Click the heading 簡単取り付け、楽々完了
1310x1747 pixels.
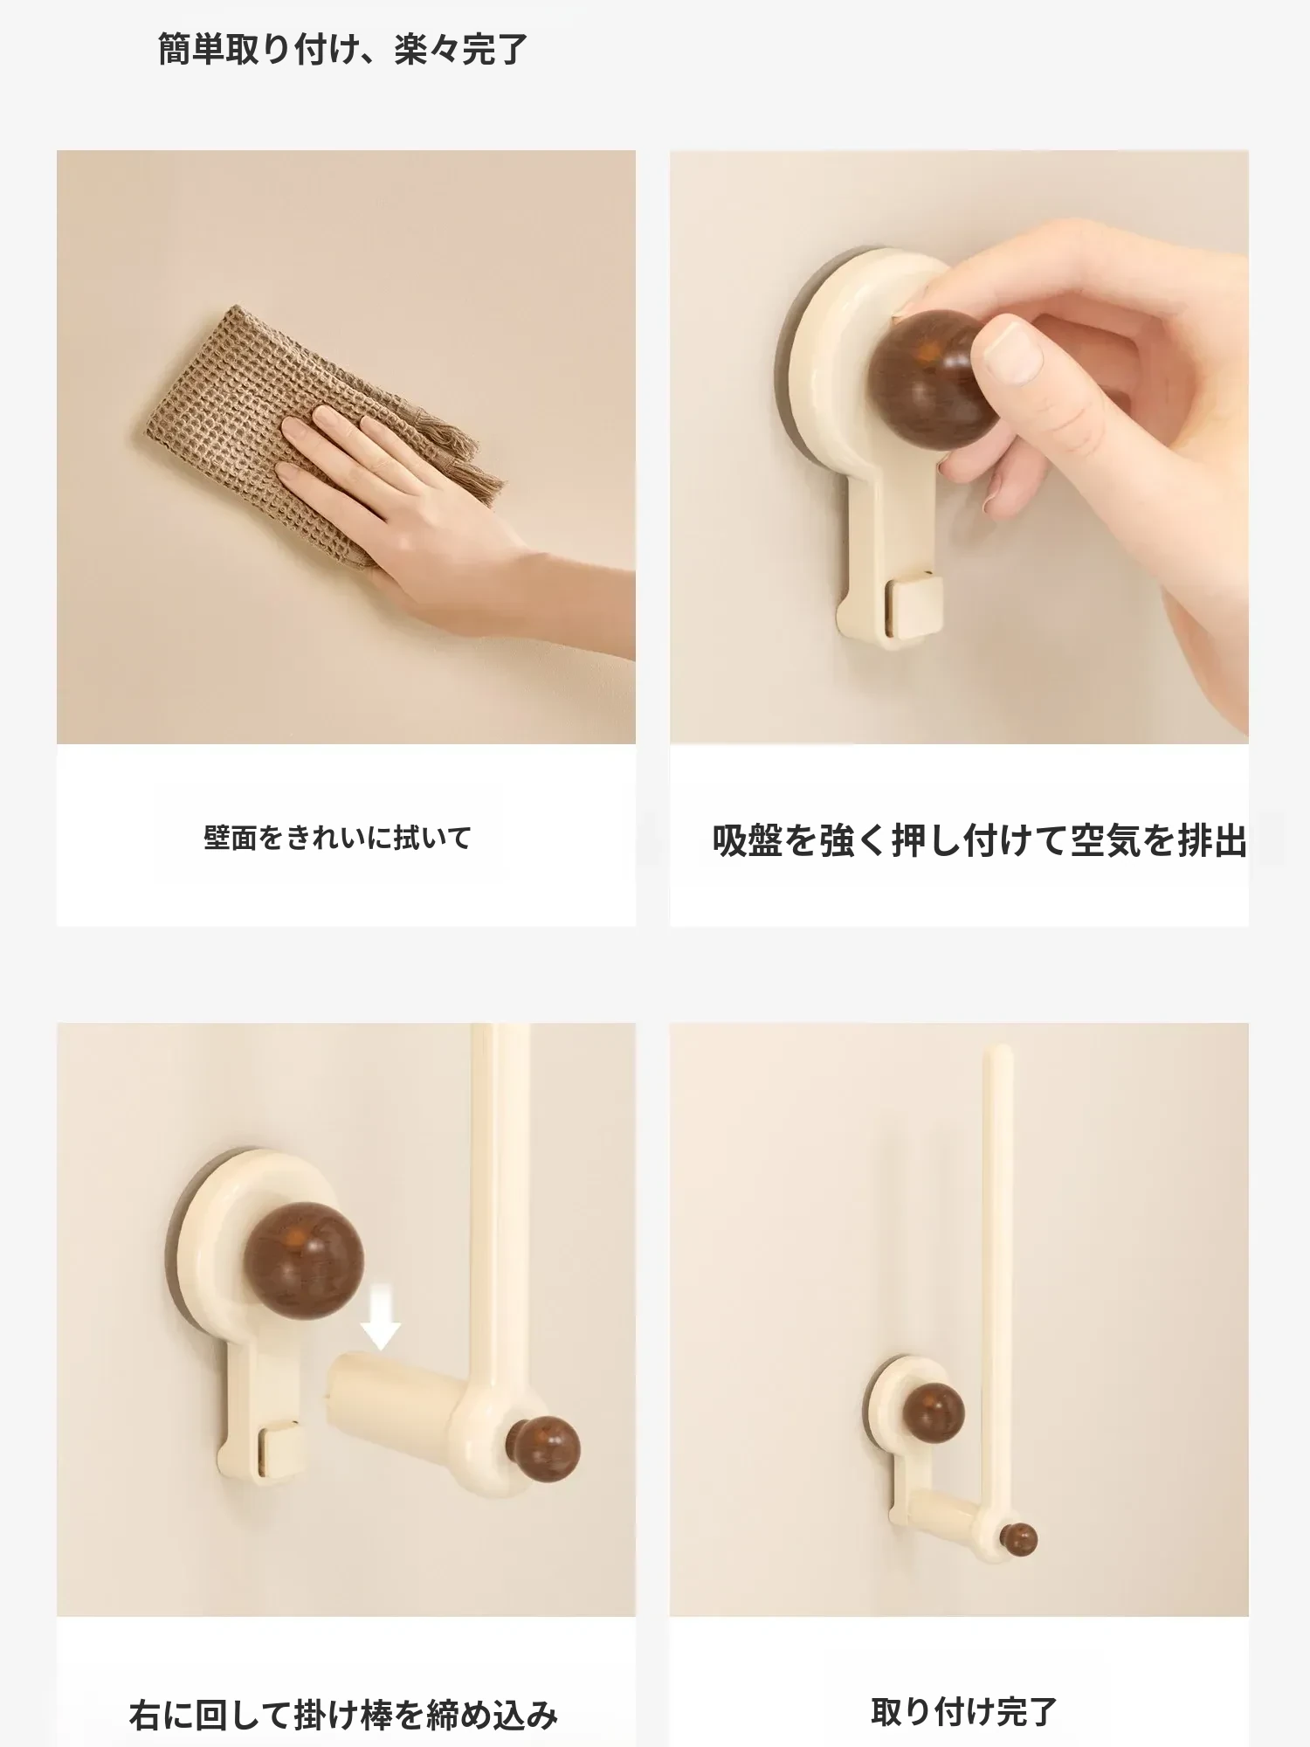point(342,50)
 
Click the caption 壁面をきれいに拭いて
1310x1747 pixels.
point(337,838)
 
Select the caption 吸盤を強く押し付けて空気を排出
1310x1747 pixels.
point(979,840)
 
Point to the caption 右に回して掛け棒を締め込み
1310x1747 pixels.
point(343,1715)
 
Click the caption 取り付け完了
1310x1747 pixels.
point(964,1711)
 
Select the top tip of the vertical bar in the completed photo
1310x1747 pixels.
point(999,1047)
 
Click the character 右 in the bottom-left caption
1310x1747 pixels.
point(145,1716)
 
